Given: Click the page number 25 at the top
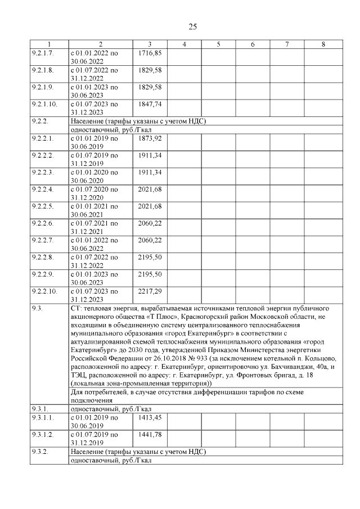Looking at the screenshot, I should [191, 26].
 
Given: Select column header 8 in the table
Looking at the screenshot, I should [322, 44].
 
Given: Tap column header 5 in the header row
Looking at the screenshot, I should [218, 44].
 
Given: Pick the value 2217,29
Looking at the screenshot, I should [150, 292].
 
